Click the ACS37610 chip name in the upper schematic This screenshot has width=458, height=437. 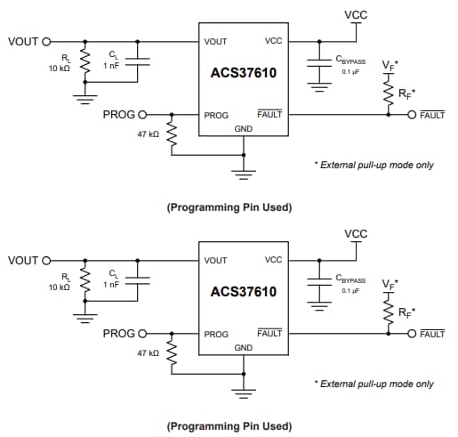243,74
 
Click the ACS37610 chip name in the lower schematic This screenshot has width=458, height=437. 243,292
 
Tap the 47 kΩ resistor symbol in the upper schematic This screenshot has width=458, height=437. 173,134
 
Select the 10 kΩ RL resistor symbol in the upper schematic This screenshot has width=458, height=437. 85,62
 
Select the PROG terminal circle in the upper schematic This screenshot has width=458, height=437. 142,115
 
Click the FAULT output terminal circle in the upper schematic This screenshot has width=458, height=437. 412,115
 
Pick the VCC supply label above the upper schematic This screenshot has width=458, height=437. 355,15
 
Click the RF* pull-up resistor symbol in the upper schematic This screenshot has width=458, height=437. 389,91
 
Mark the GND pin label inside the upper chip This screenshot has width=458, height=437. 243,128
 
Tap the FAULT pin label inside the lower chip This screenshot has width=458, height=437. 269,333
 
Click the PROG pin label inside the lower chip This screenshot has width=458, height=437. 216,334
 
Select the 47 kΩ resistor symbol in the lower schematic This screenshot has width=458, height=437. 173,353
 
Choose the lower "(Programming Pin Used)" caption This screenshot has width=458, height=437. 229,425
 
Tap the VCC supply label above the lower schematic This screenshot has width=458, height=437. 355,234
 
